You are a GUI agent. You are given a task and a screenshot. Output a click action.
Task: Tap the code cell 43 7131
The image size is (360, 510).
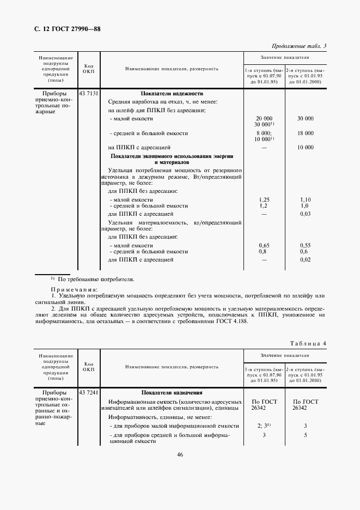(x=89, y=94)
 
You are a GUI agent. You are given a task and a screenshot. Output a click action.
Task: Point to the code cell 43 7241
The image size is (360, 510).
(x=89, y=392)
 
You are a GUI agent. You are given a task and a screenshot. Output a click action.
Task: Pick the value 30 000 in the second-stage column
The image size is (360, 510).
(x=305, y=118)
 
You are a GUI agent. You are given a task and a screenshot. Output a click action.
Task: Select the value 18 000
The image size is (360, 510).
(x=305, y=133)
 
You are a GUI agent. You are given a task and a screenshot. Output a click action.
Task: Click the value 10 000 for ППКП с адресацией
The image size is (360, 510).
(x=305, y=148)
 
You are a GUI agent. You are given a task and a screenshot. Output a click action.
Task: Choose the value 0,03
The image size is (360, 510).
(x=305, y=215)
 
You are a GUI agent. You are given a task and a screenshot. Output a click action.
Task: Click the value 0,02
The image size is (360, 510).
(x=305, y=260)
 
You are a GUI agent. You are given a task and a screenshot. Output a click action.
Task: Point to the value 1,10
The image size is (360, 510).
(x=305, y=200)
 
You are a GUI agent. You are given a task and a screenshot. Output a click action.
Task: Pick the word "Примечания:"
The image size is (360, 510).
(x=74, y=289)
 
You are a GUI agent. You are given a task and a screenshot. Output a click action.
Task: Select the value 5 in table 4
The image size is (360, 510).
(x=305, y=435)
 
